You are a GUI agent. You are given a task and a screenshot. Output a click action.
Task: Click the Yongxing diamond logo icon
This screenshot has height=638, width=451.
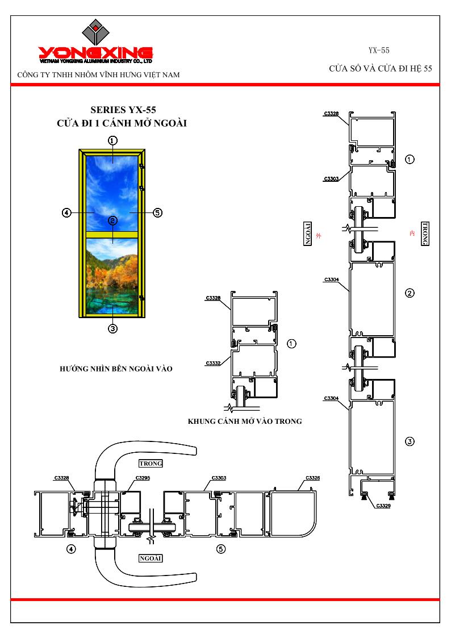tap(95, 32)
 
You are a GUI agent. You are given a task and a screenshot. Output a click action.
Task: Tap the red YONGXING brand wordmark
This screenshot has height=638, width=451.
tap(95, 52)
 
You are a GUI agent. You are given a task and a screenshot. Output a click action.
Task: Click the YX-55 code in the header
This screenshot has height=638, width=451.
tap(379, 51)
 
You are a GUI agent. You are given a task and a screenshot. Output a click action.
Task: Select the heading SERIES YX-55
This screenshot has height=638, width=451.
tap(123, 110)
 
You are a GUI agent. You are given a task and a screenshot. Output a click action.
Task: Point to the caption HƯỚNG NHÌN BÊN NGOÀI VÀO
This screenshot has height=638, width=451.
tap(116, 369)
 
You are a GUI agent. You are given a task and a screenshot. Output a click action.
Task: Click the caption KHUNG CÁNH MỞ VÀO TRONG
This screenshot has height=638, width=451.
tap(245, 422)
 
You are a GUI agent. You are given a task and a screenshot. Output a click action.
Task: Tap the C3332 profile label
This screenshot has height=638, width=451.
tap(213, 363)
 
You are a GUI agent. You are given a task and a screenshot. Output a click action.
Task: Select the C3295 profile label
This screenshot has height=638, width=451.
tap(143, 478)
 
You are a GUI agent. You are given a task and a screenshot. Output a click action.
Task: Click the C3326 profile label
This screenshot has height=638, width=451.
tap(313, 478)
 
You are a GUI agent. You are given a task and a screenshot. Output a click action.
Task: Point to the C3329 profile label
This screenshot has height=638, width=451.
tap(383, 506)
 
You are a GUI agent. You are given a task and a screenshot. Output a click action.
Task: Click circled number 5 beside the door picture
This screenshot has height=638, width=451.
tap(157, 212)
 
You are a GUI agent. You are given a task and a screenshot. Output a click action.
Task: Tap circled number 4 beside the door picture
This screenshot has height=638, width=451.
tap(66, 212)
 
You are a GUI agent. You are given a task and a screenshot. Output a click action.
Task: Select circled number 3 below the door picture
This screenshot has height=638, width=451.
tap(112, 328)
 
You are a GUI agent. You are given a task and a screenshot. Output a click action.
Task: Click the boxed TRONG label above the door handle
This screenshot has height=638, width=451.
tap(151, 464)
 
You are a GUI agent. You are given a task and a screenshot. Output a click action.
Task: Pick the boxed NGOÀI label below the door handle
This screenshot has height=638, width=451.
tap(151, 558)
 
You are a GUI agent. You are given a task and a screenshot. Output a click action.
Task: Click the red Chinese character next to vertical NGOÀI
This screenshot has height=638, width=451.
tap(319, 236)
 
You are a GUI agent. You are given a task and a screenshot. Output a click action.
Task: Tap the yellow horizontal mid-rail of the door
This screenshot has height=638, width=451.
tap(112, 235)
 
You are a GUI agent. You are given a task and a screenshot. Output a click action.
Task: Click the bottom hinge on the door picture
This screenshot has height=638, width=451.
tap(141, 298)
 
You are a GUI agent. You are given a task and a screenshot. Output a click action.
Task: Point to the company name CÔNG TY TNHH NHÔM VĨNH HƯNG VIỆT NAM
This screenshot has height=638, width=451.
tap(98, 75)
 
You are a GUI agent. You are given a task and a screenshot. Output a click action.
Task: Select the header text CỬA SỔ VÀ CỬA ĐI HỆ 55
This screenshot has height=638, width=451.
tap(381, 69)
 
